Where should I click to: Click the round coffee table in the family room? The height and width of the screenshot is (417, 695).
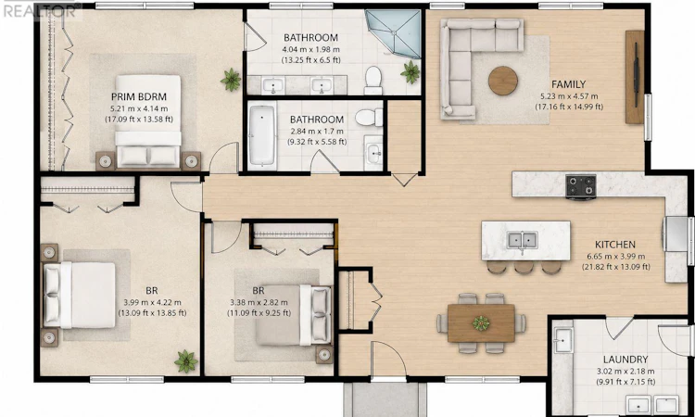(x=503, y=81)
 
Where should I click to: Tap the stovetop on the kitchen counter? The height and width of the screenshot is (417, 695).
(x=581, y=186)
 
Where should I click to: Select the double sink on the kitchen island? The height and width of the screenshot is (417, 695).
(x=523, y=241)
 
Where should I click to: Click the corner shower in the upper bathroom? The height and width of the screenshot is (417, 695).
(x=395, y=33)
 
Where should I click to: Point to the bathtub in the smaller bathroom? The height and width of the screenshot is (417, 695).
(x=262, y=135)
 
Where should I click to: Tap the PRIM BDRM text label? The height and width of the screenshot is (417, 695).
(x=139, y=96)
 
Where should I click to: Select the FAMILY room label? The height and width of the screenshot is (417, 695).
(x=569, y=84)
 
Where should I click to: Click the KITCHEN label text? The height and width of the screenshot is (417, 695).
(x=615, y=245)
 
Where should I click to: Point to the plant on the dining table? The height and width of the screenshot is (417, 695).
(x=481, y=323)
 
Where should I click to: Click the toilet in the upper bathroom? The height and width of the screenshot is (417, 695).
(x=373, y=80)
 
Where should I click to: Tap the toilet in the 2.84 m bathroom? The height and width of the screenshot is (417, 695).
(x=369, y=118)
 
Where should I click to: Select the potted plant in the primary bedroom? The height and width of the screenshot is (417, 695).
(x=231, y=80)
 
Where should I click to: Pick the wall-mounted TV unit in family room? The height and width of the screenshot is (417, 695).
(x=635, y=77)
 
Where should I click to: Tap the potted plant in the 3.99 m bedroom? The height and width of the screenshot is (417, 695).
(x=186, y=361)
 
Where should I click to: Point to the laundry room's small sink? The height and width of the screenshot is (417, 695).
(x=562, y=340)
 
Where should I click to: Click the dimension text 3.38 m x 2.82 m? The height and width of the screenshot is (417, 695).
(x=259, y=303)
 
